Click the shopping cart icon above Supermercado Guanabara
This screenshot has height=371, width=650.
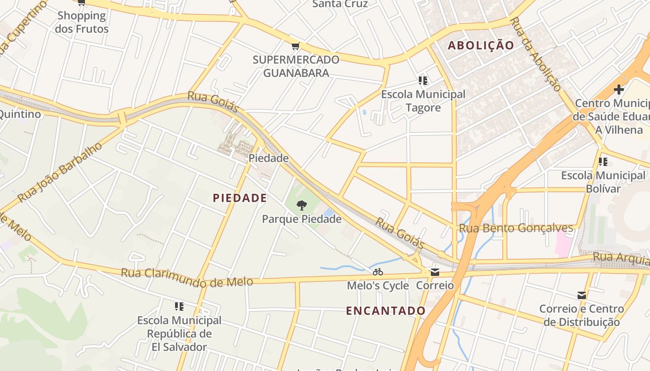coord(295,46)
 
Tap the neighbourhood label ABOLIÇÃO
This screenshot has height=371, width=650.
coord(481,45)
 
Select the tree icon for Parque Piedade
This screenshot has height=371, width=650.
coord(301,205)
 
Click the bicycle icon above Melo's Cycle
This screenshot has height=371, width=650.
coord(377,272)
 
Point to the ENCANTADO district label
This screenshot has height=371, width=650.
coord(385,311)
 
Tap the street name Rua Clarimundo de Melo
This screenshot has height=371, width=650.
coord(187,277)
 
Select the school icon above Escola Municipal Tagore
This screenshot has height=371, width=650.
coord(422,81)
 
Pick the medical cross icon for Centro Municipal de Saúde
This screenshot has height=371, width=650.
coord(618,89)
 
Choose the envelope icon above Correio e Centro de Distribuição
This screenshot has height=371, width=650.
coord(581,295)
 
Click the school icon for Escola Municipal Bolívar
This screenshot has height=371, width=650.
coord(603,162)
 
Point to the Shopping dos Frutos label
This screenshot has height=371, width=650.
coord(82,22)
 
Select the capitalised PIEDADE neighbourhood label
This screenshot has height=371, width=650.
coord(240,198)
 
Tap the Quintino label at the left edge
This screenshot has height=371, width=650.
coord(19,114)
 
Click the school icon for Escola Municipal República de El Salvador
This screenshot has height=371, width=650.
coord(179,307)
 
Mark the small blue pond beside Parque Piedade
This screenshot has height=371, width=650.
coord(329,213)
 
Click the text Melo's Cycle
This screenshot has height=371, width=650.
coord(377,286)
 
